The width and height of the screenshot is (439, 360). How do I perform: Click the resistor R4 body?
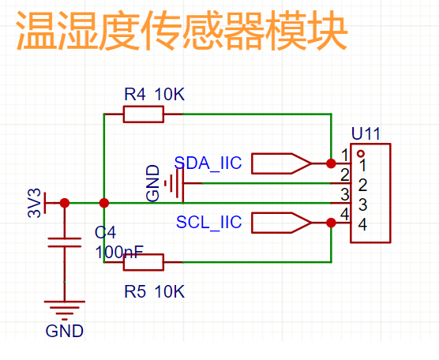coord(144,114)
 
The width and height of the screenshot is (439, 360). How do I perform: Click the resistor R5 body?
coord(144,262)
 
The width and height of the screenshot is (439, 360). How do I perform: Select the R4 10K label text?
coord(155,94)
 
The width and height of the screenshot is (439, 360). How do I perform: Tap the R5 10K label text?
coord(155,291)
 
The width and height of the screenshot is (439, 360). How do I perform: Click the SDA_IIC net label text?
coord(208,163)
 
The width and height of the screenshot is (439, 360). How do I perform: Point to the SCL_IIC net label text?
coord(209,222)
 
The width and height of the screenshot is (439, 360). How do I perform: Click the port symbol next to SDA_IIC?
coord(281,163)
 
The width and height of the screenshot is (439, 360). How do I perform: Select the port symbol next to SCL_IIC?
coord(281,223)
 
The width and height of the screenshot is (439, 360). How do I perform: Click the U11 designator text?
coord(366,133)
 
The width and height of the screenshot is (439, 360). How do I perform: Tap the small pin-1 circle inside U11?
coord(361,153)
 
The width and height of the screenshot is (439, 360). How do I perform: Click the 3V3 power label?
coord(35,203)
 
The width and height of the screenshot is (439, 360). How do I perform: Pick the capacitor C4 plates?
coord(65,242)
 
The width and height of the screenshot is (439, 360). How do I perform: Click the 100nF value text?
coord(119,252)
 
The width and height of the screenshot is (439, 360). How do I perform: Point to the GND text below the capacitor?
coord(65,331)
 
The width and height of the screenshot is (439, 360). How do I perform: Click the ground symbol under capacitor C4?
coord(65,311)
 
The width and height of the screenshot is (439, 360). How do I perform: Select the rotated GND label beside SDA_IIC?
coord(153,183)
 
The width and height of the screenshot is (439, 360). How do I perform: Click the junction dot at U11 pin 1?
coord(331,163)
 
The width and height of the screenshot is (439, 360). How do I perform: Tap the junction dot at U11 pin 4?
coord(331,223)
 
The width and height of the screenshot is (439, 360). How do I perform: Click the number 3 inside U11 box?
coord(363,204)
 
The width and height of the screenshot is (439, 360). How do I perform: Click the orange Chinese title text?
coord(182,30)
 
